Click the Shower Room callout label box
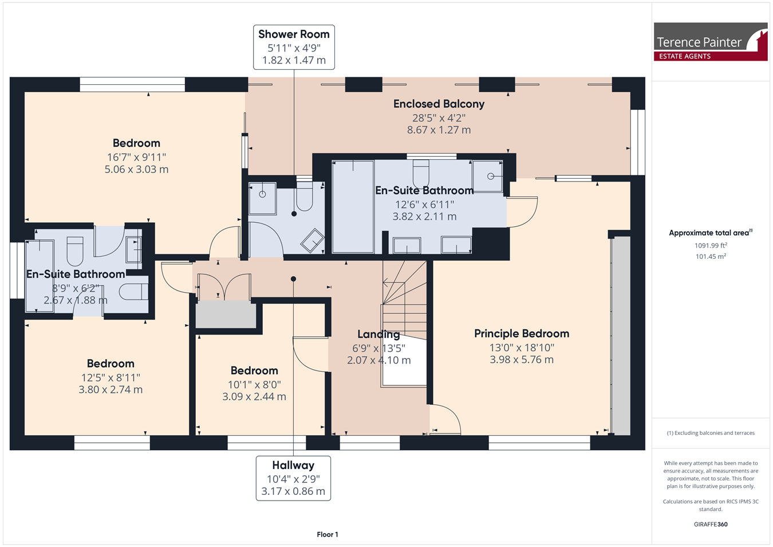[294, 48]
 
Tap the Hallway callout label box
[293, 478]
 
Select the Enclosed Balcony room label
[439, 104]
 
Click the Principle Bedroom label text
[522, 333]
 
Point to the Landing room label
[378, 334]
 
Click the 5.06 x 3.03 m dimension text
[137, 169]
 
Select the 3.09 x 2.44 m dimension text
[254, 396]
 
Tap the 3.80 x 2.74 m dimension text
[111, 389]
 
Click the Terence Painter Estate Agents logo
[711, 42]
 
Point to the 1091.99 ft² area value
[711, 245]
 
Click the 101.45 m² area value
[711, 257]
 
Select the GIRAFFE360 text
[711, 524]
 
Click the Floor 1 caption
[328, 534]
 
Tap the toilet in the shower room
[305, 196]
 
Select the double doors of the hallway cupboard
[224, 286]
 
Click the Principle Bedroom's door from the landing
[445, 420]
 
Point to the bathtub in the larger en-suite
[353, 207]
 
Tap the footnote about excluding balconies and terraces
[711, 433]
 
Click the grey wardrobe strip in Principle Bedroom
[621, 336]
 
